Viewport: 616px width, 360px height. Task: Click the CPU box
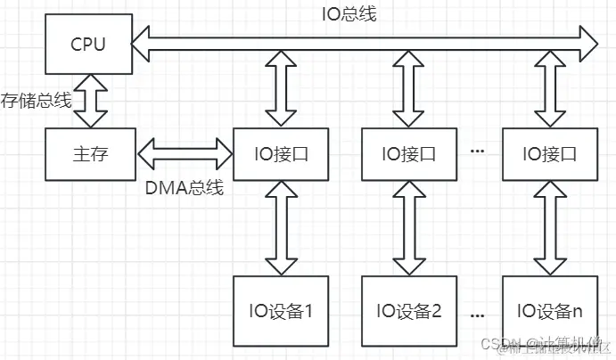pyautogui.click(x=88, y=43)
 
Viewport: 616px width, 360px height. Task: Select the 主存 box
pyautogui.click(x=88, y=153)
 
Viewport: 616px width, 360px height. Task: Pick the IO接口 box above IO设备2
pyautogui.click(x=408, y=153)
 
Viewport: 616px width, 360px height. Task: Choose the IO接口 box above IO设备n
pyautogui.click(x=546, y=153)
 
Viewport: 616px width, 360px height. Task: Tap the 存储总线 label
pyautogui.click(x=36, y=100)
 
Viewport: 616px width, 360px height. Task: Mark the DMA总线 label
pyautogui.click(x=184, y=188)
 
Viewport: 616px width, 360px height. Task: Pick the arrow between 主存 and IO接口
pyautogui.click(x=183, y=152)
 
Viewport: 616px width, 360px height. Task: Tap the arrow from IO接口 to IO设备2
pyautogui.click(x=408, y=231)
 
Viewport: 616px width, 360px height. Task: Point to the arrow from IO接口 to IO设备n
pyautogui.click(x=546, y=231)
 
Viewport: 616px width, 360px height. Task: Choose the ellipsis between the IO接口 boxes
pyautogui.click(x=477, y=152)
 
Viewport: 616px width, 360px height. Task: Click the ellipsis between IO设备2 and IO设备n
pyautogui.click(x=477, y=314)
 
